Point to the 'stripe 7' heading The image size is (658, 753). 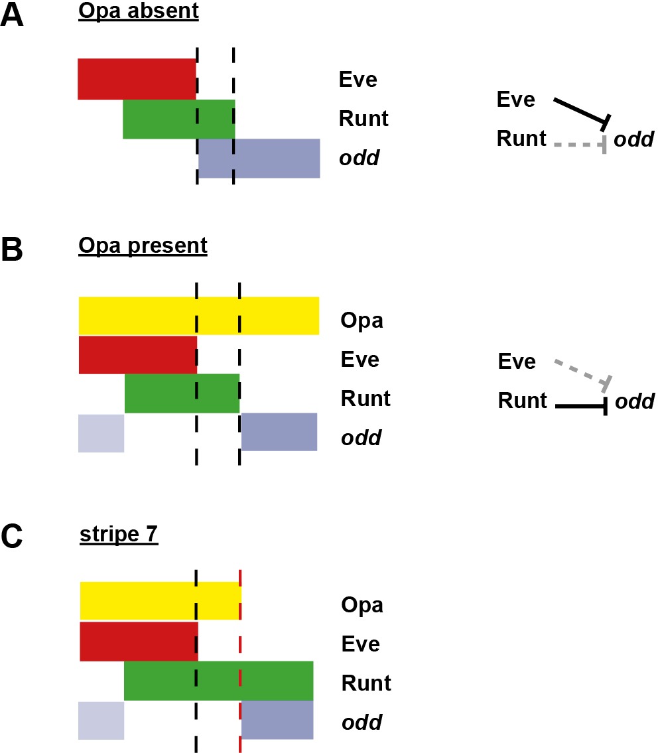119,535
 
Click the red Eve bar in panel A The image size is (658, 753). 137,79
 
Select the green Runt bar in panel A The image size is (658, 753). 178,119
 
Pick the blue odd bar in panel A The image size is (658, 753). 259,159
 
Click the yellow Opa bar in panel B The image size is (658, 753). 198,316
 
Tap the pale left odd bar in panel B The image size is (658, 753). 101,433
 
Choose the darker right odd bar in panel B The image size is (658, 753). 279,432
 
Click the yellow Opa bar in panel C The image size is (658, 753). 160,600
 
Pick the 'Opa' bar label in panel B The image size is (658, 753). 362,320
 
